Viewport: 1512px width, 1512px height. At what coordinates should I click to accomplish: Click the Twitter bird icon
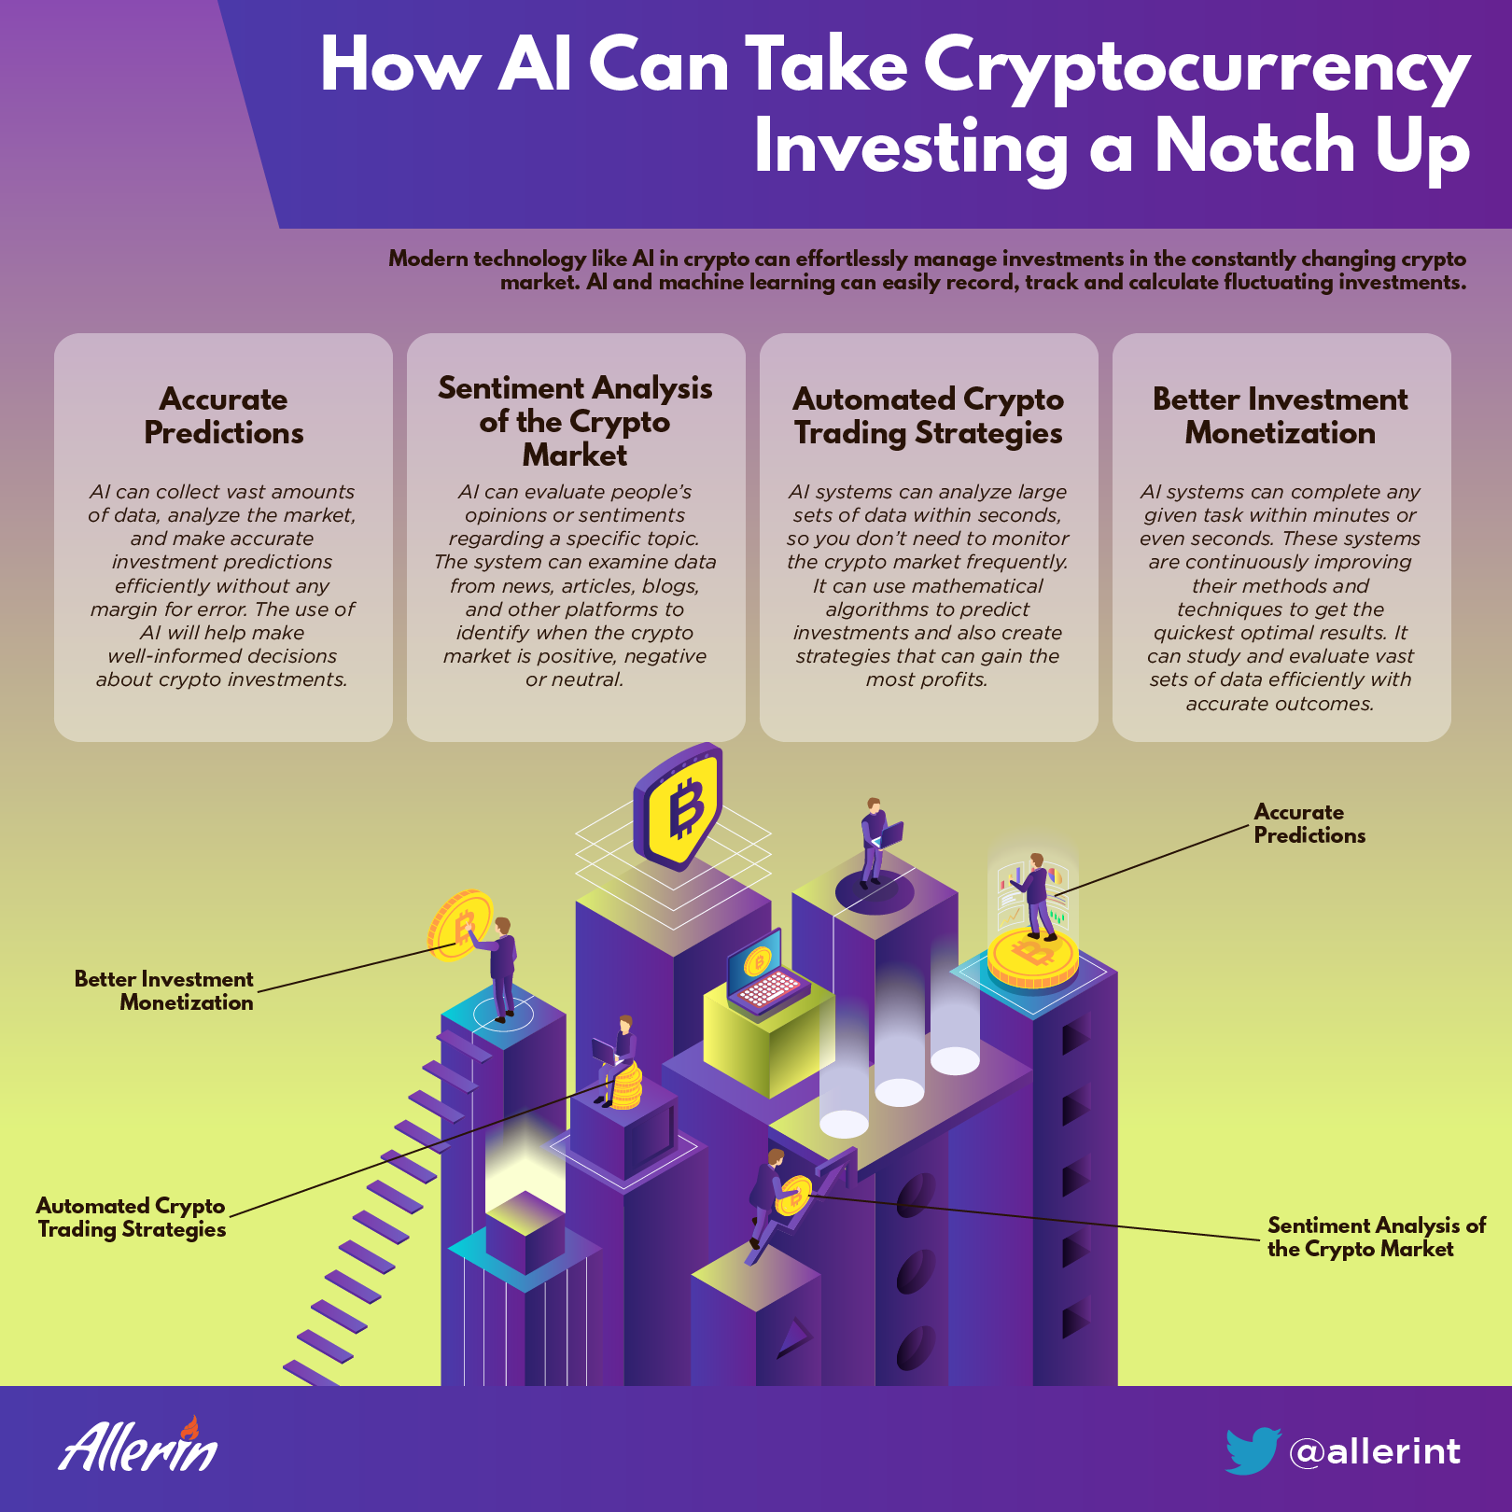pos(1252,1450)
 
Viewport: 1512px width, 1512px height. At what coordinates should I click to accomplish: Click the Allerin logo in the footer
pos(139,1445)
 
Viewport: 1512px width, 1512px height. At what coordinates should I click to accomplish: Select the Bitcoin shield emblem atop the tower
pos(678,806)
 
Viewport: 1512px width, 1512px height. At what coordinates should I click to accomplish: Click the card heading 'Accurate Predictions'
pos(224,415)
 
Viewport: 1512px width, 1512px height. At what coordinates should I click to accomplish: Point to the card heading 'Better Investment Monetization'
pos(1281,415)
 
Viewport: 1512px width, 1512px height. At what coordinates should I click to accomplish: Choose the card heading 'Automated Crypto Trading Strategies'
pos(929,416)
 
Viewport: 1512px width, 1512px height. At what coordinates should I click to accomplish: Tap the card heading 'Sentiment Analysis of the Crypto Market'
pos(575,421)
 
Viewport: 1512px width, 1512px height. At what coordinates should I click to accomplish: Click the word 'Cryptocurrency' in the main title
pos(1197,68)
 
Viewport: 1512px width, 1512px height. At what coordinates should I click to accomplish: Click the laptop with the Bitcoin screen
pos(764,972)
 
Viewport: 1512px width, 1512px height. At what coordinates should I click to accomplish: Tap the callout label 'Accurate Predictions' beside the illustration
pos(1309,823)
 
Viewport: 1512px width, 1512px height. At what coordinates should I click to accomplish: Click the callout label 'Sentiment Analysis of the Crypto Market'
pos(1377,1238)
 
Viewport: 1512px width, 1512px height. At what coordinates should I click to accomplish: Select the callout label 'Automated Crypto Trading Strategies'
pos(131,1218)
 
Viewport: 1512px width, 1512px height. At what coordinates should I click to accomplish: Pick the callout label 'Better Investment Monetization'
pos(163,990)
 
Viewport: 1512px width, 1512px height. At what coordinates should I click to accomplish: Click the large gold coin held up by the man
pos(459,924)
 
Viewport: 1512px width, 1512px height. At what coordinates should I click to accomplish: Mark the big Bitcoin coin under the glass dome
pos(1032,957)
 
